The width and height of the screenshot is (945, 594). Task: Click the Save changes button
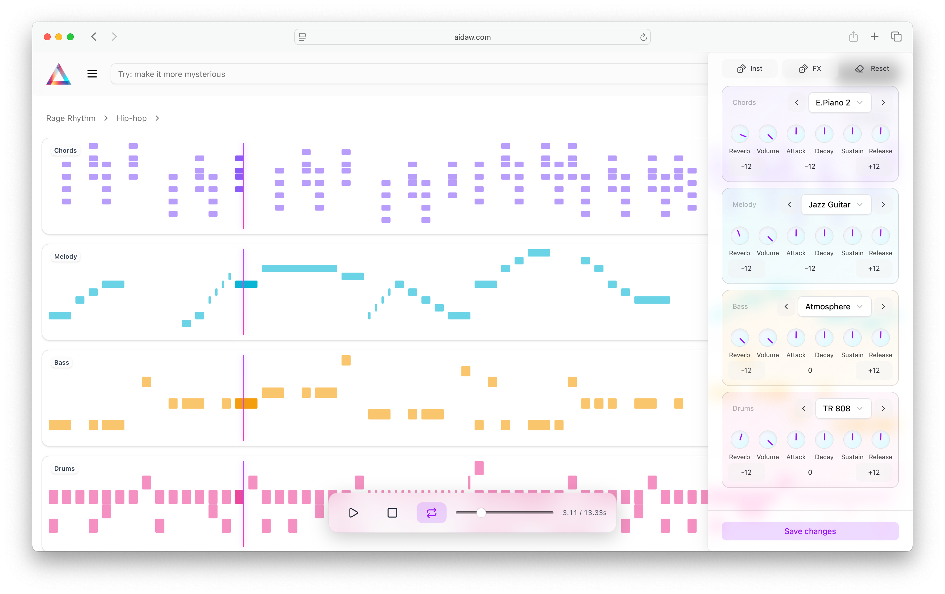pos(810,531)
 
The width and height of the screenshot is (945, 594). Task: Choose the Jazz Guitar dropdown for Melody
pos(836,205)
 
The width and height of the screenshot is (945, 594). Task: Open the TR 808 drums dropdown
pos(842,408)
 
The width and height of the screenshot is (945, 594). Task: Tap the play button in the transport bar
pos(353,512)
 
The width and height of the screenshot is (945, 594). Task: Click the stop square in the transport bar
pos(392,512)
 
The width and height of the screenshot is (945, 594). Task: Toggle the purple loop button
pos(431,512)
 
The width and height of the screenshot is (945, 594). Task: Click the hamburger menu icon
pos(92,74)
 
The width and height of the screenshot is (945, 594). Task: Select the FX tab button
pos(810,69)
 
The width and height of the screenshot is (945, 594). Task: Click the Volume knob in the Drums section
pos(767,440)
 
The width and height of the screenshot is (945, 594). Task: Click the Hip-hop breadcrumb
pos(131,118)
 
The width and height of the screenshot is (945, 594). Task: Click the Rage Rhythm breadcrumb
pos(71,118)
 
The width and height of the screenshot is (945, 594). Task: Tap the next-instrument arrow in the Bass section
pos(883,307)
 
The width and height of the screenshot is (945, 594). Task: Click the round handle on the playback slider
pos(481,512)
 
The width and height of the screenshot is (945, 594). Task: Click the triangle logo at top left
pos(59,74)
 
